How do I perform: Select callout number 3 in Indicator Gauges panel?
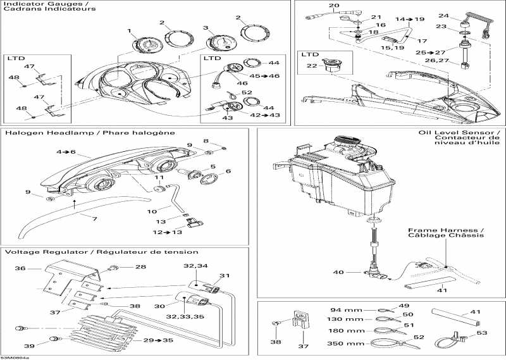[205, 28]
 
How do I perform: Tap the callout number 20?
[314, 6]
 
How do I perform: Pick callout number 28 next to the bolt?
[141, 267]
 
